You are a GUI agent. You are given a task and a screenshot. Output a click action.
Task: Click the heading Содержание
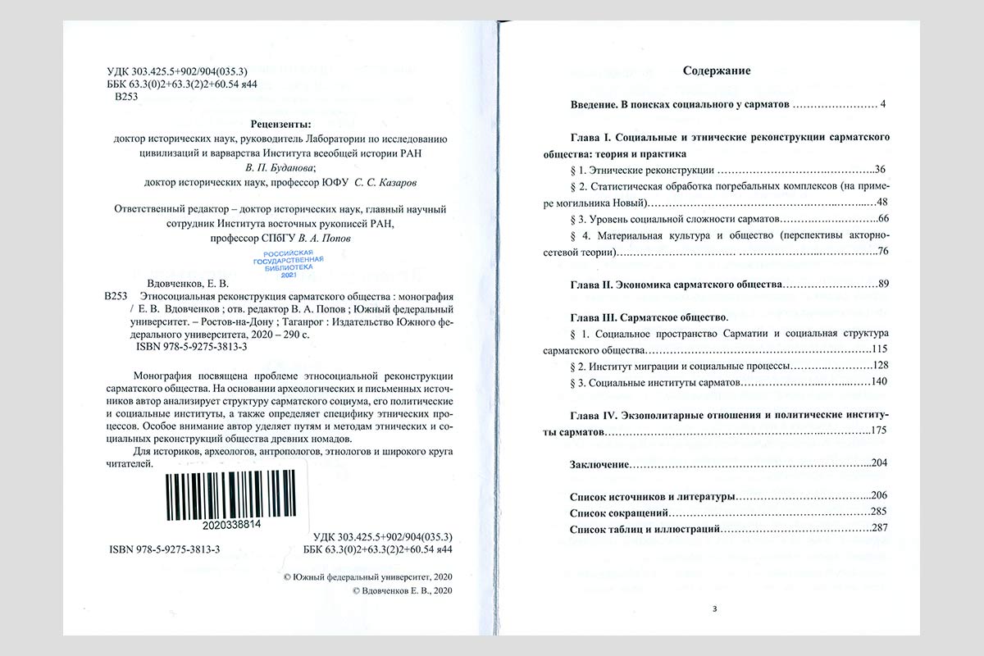click(717, 71)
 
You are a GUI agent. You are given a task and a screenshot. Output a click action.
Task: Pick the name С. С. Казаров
click(403, 182)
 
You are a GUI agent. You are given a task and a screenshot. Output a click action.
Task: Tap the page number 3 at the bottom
click(714, 608)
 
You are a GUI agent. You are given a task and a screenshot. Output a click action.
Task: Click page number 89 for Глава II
click(883, 284)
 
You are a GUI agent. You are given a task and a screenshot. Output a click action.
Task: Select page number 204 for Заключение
click(880, 464)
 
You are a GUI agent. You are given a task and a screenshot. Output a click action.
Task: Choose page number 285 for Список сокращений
click(881, 512)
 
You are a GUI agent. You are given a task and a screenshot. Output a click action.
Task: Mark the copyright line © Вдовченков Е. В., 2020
click(402, 590)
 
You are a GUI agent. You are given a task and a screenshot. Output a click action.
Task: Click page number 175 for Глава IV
click(880, 430)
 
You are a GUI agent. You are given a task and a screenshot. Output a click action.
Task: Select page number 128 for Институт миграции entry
click(881, 365)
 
